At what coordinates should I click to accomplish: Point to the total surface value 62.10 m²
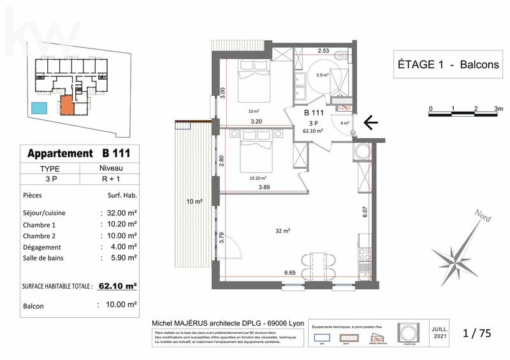(x=119, y=286)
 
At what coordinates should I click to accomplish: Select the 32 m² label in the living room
(x=282, y=230)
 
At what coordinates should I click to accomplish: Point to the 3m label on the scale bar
(x=497, y=109)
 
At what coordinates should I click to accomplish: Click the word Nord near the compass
(x=481, y=216)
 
